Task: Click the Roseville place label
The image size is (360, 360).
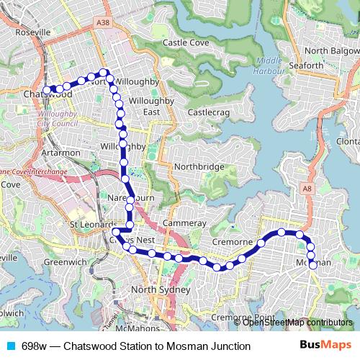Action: click(x=31, y=32)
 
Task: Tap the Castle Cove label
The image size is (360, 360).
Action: click(x=185, y=43)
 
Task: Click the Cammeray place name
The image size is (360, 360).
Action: click(x=185, y=224)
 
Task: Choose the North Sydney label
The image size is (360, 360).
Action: click(x=161, y=289)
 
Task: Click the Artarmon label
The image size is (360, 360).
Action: click(x=60, y=153)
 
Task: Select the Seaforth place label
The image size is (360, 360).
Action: click(x=306, y=66)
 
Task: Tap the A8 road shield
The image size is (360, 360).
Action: click(x=307, y=189)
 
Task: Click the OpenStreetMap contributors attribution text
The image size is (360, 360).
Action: click(x=297, y=322)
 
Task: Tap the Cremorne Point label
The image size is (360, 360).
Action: click(x=244, y=318)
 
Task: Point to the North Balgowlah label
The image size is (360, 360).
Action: click(x=332, y=51)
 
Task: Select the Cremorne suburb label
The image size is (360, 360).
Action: click(x=232, y=242)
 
